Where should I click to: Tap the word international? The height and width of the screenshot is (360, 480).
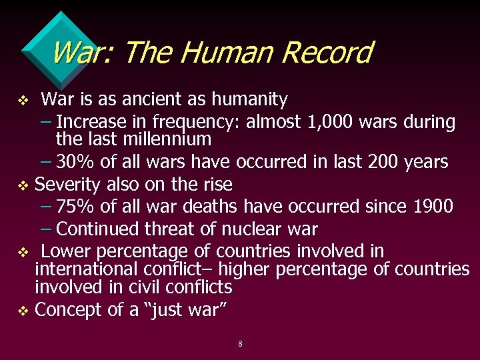tap(86, 269)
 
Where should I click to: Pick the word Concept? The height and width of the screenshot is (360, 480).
tap(67, 310)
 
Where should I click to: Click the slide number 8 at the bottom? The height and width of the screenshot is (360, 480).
tap(240, 344)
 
